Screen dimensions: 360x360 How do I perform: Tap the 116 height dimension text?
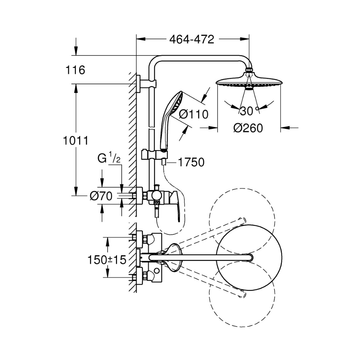pos(76,70)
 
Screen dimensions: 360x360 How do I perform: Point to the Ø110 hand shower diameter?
pos(193,114)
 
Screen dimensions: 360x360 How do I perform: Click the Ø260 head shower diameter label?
pos(248,127)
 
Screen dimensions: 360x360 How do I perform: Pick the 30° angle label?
pos(249,111)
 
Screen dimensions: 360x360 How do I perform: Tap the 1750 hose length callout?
pos(190,162)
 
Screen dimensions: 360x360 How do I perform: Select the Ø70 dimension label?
pos(101,195)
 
